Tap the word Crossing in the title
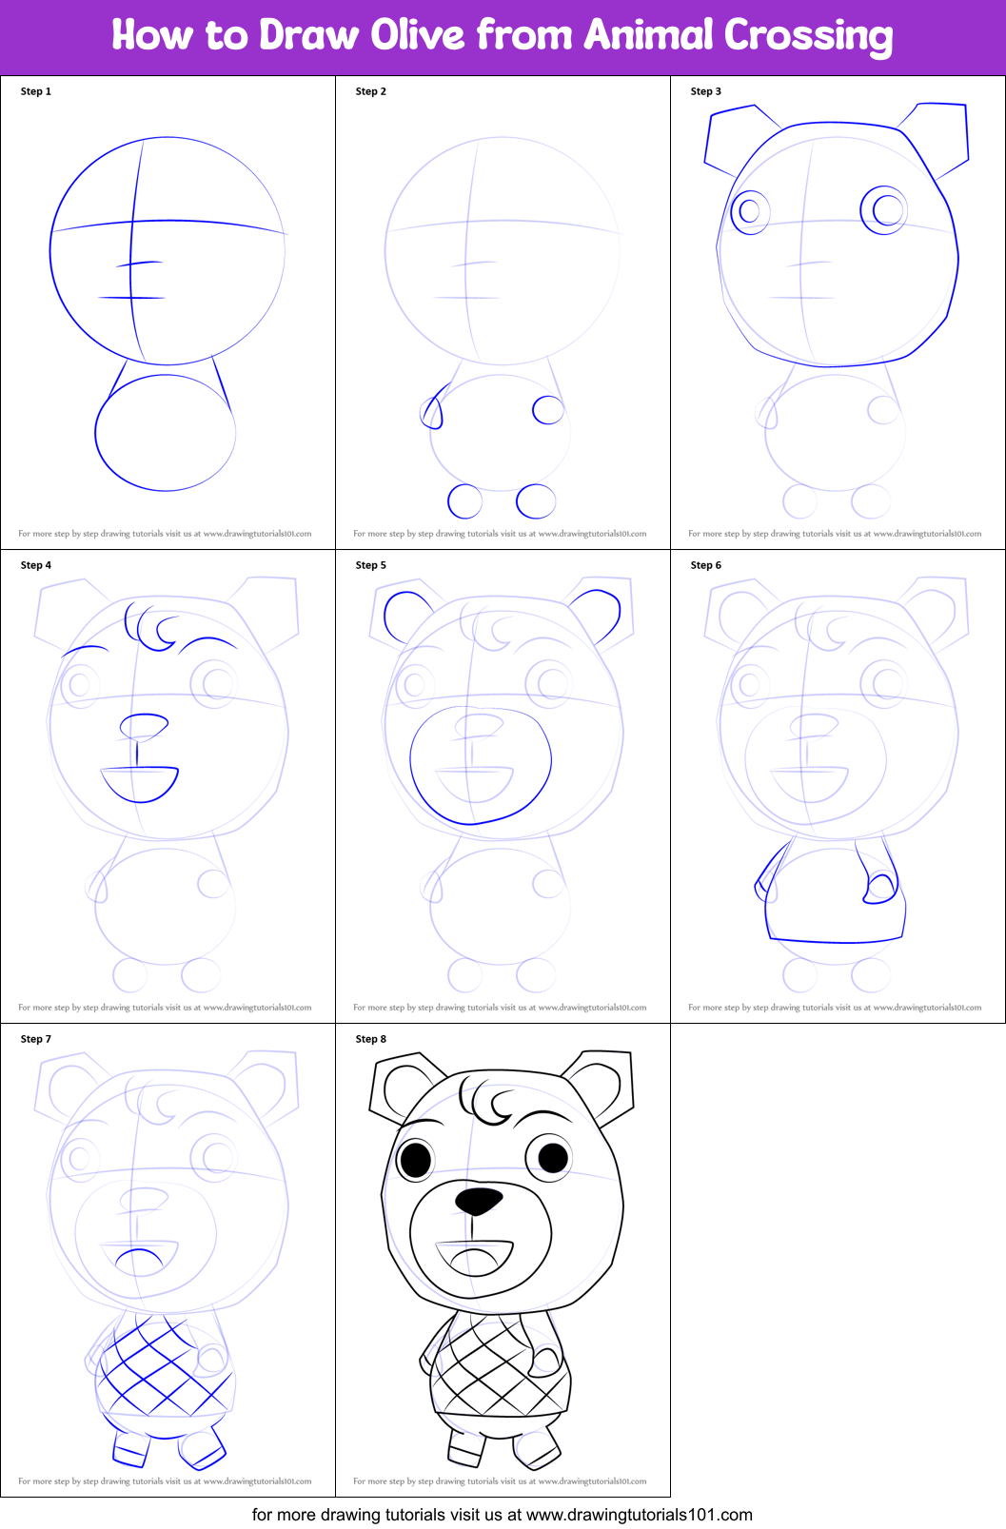[x=808, y=36]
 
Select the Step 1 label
[x=36, y=91]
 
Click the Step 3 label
[x=705, y=91]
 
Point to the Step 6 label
[x=705, y=565]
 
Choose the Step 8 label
[x=370, y=1039]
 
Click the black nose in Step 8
[x=479, y=1200]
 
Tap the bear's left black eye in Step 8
[x=416, y=1159]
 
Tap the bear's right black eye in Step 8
[x=553, y=1157]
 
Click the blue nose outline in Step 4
[x=144, y=726]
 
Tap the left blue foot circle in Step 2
[x=465, y=500]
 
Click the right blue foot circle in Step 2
[x=536, y=500]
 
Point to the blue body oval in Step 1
[x=165, y=433]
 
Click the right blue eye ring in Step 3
[x=884, y=210]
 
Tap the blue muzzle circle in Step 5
[x=481, y=766]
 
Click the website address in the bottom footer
[x=639, y=1514]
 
